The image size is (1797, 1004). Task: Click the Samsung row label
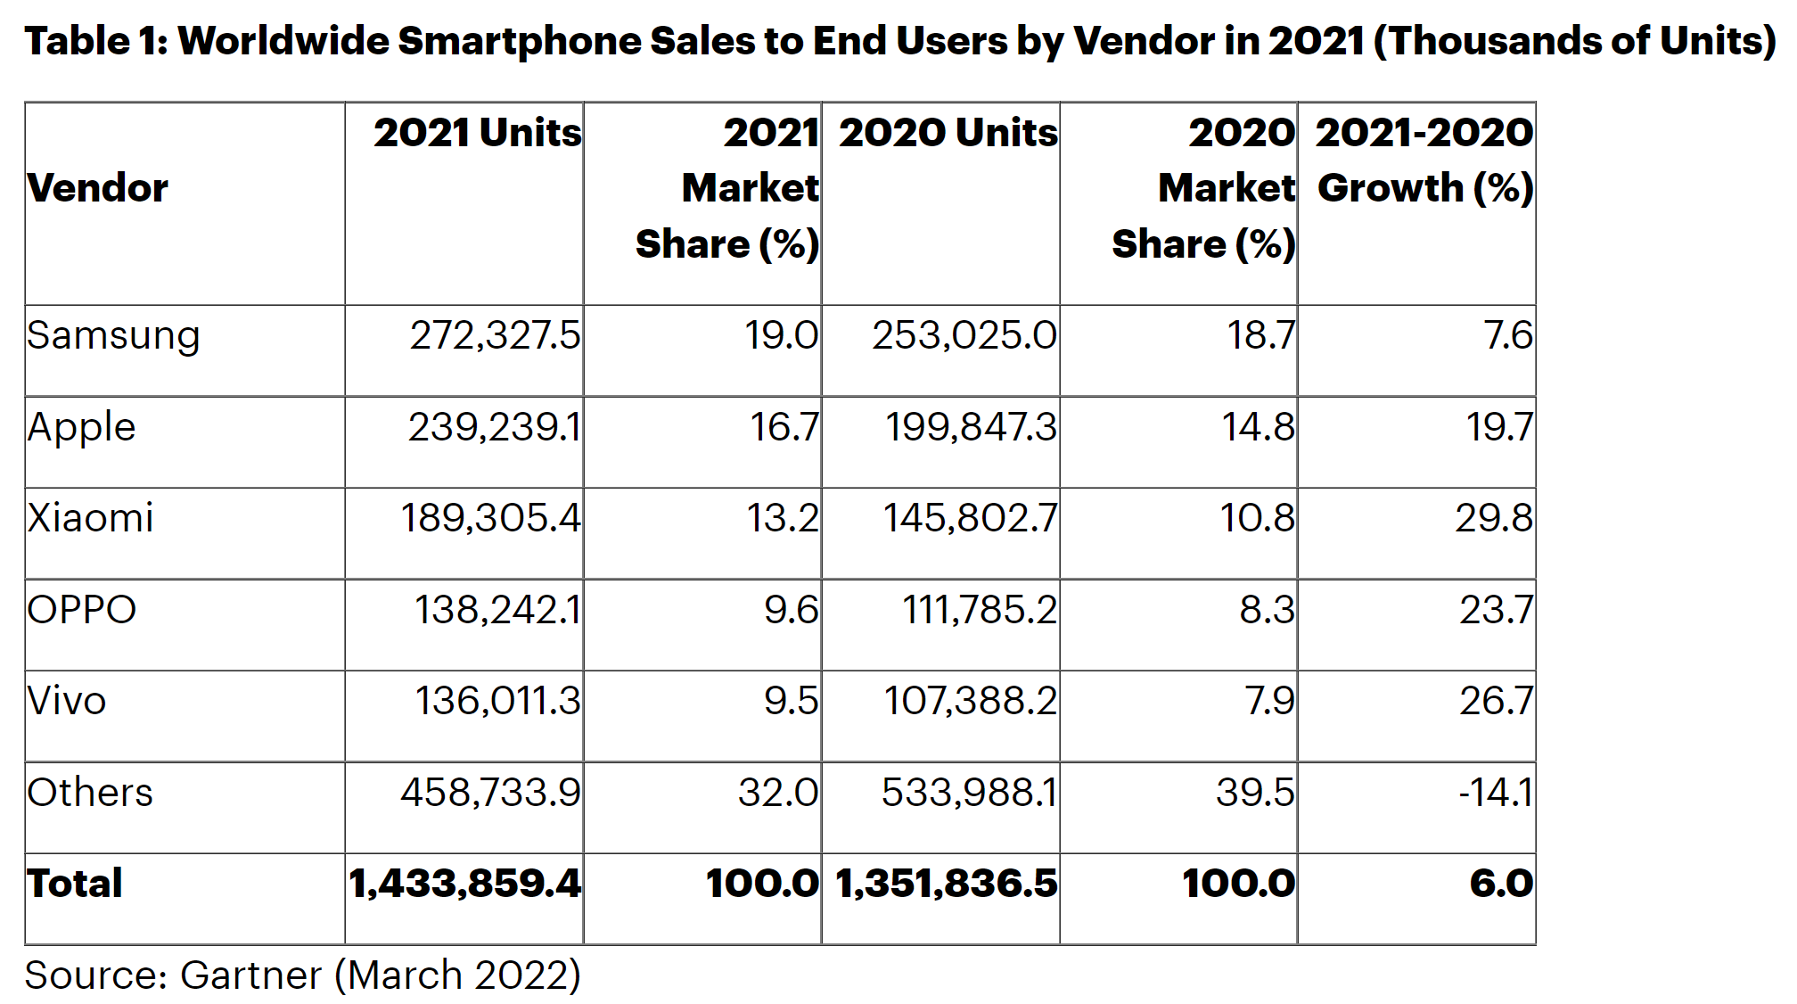tap(113, 337)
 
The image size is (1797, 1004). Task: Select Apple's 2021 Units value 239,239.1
tap(494, 427)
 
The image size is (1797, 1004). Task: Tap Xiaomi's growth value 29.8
tap(1493, 518)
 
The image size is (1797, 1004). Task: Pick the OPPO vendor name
tap(82, 610)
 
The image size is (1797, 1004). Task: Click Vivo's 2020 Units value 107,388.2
tap(970, 701)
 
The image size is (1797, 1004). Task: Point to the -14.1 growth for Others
tap(1495, 793)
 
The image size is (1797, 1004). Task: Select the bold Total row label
tap(75, 884)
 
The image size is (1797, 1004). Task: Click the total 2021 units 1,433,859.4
tap(464, 884)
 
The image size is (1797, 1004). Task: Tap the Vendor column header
tap(98, 188)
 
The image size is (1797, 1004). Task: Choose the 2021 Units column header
tap(477, 133)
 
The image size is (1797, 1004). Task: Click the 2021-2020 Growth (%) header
tap(1424, 160)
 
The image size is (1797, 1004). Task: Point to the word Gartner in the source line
tap(250, 975)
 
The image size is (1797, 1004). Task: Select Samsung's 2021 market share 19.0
tap(781, 336)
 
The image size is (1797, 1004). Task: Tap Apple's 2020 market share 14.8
tap(1257, 427)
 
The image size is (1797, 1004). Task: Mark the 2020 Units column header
tap(948, 133)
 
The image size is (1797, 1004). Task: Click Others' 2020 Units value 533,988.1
tap(969, 793)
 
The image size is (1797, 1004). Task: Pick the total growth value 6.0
tap(1501, 884)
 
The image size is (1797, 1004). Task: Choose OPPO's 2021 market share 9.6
tap(791, 610)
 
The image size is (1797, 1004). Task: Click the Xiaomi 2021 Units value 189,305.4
tap(490, 518)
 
